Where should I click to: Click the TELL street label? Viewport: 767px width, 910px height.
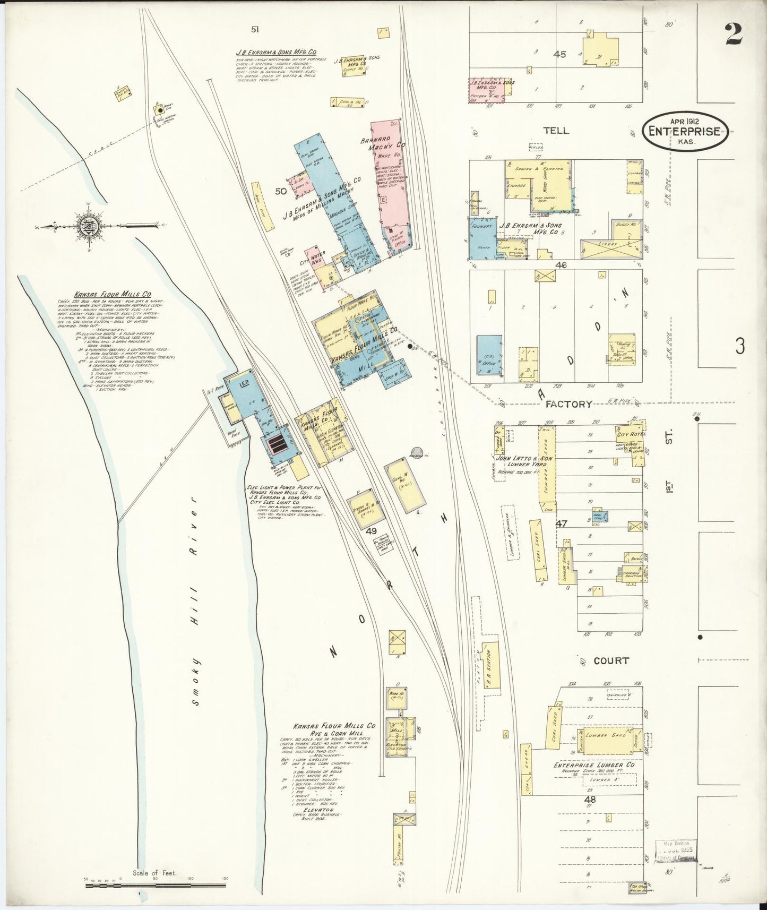[x=556, y=131]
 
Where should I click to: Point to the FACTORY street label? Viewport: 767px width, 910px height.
[x=568, y=404]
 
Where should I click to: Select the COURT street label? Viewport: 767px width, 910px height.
[x=611, y=660]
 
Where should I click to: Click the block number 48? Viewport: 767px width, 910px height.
[x=590, y=799]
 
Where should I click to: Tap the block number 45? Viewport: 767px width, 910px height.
[x=559, y=54]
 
